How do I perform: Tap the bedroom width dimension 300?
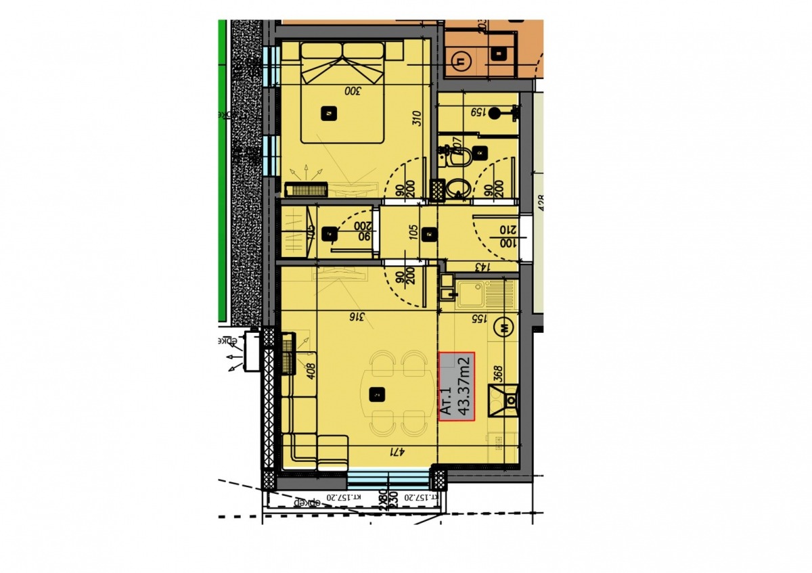(353, 90)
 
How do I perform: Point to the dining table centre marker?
(376, 393)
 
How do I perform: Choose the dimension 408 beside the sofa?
(312, 373)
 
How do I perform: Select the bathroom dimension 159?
(478, 112)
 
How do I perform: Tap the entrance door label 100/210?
(506, 236)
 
